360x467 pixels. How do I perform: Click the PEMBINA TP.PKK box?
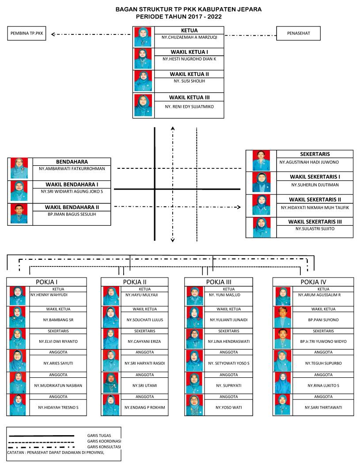[27, 34]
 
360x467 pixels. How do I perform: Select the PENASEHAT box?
[298, 34]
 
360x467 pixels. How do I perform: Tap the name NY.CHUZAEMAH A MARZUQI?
[189, 37]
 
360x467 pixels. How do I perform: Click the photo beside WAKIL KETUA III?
[143, 105]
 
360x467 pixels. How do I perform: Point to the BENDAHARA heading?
[72, 162]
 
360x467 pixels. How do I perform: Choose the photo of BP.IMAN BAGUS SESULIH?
[19, 214]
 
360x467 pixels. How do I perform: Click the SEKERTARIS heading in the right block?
[315, 154]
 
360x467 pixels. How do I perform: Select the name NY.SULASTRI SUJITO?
[315, 229]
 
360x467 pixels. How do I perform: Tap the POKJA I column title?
[46, 282]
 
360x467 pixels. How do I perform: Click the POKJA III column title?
[219, 282]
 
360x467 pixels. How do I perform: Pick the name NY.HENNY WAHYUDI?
[49, 295]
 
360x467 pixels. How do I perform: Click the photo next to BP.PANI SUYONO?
[283, 317]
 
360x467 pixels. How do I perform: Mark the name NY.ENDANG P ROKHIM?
[145, 407]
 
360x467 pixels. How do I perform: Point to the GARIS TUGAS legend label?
[99, 436]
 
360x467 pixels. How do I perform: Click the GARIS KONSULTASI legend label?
[104, 447]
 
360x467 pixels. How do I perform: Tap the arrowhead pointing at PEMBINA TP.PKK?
[53, 34]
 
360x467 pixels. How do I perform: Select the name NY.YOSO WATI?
[229, 407]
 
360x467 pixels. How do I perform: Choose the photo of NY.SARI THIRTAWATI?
[282, 405]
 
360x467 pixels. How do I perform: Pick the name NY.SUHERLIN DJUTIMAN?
[315, 185]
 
